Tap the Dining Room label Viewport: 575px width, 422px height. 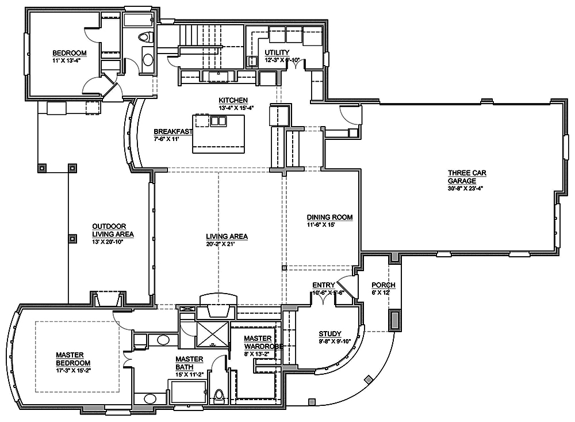(x=329, y=218)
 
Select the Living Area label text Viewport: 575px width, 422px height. (x=227, y=237)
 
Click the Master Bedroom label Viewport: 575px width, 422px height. (x=73, y=359)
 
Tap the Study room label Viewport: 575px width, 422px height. (x=330, y=334)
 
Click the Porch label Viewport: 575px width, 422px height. (x=383, y=286)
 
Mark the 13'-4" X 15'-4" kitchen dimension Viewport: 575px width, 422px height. (x=236, y=108)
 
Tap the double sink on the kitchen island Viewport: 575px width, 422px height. (x=218, y=121)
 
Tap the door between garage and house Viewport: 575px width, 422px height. (x=351, y=115)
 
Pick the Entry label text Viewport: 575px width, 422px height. (x=323, y=286)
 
